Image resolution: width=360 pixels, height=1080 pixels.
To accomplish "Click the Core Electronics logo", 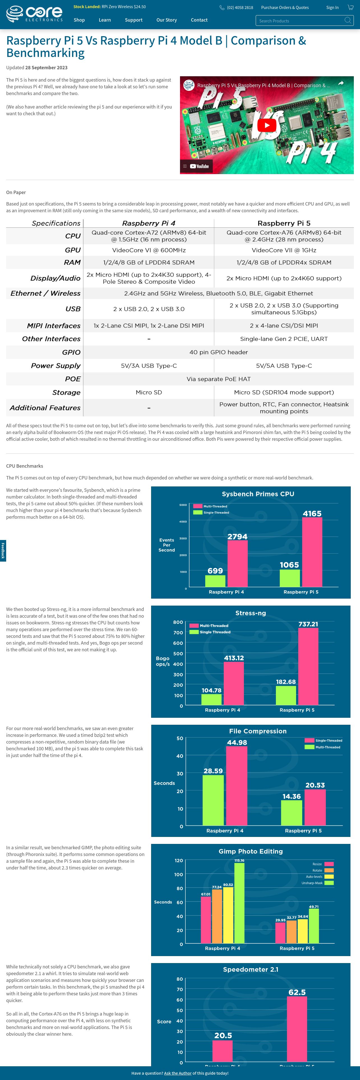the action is [34, 14].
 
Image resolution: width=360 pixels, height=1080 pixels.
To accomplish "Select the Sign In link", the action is [332, 8].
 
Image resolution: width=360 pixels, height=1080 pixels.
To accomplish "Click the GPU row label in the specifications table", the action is [73, 250].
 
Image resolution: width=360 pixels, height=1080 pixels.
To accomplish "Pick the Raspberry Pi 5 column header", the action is [284, 223].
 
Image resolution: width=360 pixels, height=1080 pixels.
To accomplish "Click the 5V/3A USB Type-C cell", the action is [149, 366].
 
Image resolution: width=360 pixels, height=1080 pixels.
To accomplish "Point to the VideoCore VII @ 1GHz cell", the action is [284, 250].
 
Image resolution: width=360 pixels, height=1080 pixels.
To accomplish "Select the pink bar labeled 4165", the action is [312, 552].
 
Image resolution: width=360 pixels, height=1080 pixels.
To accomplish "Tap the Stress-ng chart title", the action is [251, 613].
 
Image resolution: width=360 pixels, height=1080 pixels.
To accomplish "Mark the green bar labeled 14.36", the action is [292, 813].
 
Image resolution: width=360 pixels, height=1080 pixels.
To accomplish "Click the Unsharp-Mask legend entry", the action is [317, 883].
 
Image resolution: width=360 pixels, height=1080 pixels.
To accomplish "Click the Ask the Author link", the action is [178, 1073].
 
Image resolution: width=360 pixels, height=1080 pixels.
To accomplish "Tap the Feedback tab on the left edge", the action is [3, 550].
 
